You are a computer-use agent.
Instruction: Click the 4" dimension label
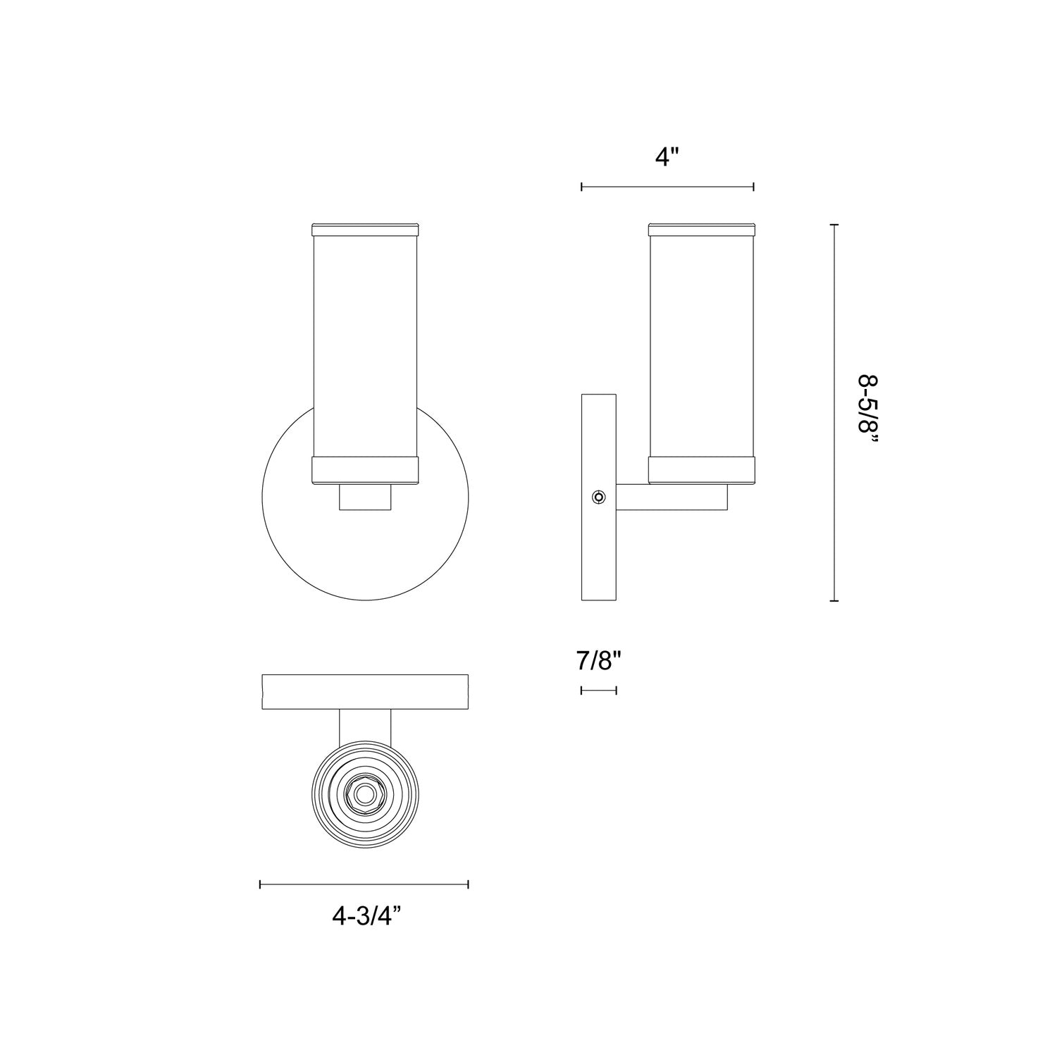pos(667,158)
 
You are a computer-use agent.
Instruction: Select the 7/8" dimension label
pos(598,661)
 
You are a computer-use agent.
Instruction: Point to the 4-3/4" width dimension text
pos(366,915)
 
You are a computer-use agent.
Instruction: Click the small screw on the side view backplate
pos(598,497)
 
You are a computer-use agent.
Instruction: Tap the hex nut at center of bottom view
pos(364,795)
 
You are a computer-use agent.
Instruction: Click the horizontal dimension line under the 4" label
pos(667,187)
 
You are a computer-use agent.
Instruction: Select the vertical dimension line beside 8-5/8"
pos(835,412)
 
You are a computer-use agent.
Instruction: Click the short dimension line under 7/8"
pos(598,690)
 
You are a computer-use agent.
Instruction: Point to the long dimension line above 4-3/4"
pos(364,884)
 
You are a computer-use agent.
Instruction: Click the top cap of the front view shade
pos(365,229)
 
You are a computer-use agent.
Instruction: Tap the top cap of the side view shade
pos(702,229)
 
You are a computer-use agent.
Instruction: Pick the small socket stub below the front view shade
pos(365,497)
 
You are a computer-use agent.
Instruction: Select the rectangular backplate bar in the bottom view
pos(364,691)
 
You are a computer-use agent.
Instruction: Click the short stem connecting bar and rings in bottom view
pos(365,726)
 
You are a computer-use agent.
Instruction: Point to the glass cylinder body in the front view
pos(365,345)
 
